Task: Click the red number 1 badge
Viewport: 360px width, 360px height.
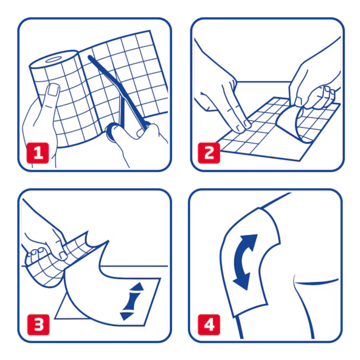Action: tap(38, 153)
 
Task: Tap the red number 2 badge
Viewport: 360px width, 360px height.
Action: tap(209, 153)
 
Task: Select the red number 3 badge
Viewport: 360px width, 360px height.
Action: tap(38, 325)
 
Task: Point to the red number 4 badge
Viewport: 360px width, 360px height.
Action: tap(209, 325)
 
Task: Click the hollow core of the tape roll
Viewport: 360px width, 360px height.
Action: tap(53, 60)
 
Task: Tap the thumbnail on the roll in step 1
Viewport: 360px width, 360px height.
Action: tap(54, 90)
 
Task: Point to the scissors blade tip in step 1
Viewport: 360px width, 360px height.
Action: tap(90, 57)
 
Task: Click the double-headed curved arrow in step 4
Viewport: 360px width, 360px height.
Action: tap(244, 261)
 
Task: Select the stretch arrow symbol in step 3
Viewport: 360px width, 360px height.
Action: tap(132, 301)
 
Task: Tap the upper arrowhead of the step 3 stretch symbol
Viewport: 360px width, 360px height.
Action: tap(137, 287)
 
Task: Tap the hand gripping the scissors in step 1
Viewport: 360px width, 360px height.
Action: tap(138, 142)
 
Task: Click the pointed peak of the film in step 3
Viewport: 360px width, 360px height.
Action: tap(108, 241)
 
